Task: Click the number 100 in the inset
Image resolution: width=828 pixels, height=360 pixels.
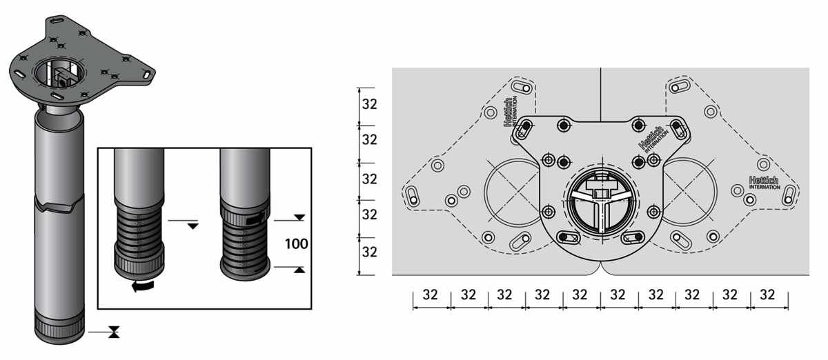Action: (x=297, y=244)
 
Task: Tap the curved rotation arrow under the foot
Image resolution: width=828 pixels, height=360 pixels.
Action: (x=143, y=286)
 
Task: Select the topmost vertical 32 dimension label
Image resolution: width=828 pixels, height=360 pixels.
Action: (x=369, y=105)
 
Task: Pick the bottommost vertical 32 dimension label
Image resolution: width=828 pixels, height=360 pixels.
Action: (x=369, y=252)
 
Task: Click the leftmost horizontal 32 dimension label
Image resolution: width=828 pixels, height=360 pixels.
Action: (x=430, y=294)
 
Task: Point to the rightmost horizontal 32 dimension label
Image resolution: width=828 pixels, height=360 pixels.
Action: (x=767, y=294)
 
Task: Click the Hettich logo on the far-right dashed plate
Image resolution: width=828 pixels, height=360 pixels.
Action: (x=764, y=183)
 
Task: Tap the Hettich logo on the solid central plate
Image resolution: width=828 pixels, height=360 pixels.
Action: (x=653, y=140)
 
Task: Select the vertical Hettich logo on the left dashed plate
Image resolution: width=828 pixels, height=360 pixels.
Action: (x=511, y=112)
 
